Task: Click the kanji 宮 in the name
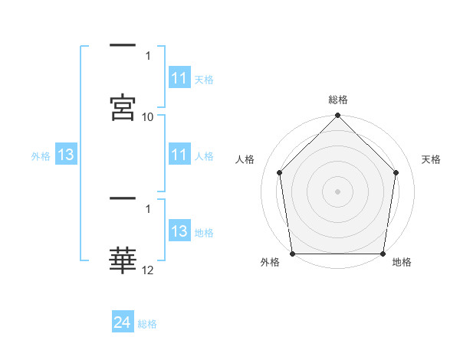click(x=123, y=107)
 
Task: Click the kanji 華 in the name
click(x=123, y=260)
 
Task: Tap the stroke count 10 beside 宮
click(x=147, y=117)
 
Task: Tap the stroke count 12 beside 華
click(x=147, y=270)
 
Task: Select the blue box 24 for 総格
click(x=123, y=321)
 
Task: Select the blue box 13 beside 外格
click(x=66, y=154)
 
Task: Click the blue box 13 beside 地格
click(x=180, y=230)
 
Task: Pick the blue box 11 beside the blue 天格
click(x=180, y=77)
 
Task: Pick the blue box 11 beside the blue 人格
click(x=180, y=154)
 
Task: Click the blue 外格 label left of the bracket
click(x=41, y=156)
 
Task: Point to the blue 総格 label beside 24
click(x=147, y=324)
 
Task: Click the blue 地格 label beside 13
click(x=204, y=233)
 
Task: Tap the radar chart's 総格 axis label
click(x=338, y=100)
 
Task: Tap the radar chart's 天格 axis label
click(x=431, y=159)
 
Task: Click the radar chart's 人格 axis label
click(x=245, y=159)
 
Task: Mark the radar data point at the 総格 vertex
click(x=337, y=115)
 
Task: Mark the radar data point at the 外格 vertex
click(x=293, y=254)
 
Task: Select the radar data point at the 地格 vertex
click(x=383, y=254)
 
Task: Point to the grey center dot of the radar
click(x=337, y=191)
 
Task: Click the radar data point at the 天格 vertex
click(x=396, y=172)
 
